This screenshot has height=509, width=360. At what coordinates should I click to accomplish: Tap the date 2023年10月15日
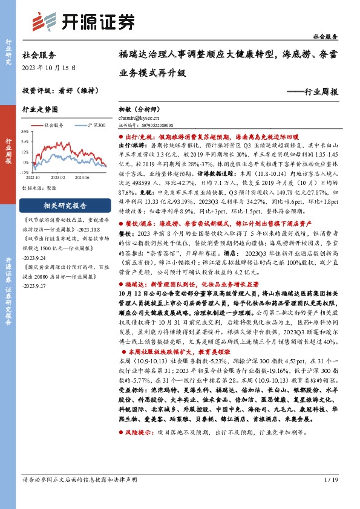pos(44,66)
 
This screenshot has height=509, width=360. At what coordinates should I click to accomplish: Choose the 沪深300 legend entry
pos(94,125)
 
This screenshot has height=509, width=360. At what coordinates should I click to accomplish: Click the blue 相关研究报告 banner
pos(66,205)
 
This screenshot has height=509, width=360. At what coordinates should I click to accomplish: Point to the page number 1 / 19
pos(330,497)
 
